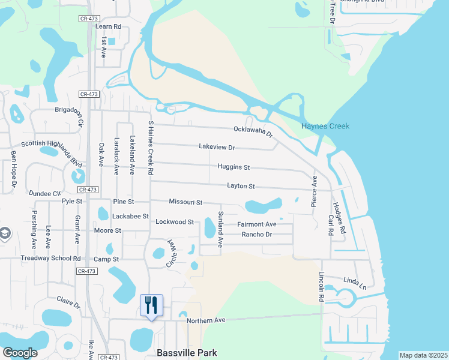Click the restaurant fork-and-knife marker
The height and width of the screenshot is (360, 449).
point(151,305)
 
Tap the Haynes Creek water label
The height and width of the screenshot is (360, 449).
point(325,126)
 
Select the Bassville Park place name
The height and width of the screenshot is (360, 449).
point(186,353)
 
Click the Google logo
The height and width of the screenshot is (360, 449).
point(20,353)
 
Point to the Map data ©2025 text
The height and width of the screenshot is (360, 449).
point(423,355)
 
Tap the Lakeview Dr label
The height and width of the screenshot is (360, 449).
point(217,147)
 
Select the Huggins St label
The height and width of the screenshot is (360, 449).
point(234,167)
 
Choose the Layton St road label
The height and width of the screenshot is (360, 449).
point(241,187)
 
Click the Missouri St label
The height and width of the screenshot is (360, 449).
point(185,203)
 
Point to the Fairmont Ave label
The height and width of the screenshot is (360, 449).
point(256,224)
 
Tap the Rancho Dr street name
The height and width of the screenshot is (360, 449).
point(256,234)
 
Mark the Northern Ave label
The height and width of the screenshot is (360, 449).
point(205,320)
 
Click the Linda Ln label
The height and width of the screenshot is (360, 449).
point(354,281)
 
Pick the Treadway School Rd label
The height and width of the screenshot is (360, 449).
point(51,259)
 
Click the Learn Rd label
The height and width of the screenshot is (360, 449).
point(108,26)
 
